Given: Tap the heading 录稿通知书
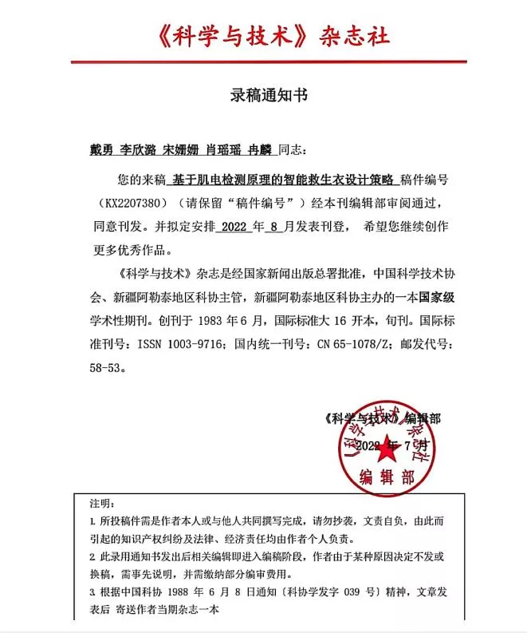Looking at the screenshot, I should tap(263, 96).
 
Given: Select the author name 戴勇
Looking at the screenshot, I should tap(100, 148).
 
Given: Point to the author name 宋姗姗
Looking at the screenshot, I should tap(179, 148).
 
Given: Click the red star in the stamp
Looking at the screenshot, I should tap(387, 450).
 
